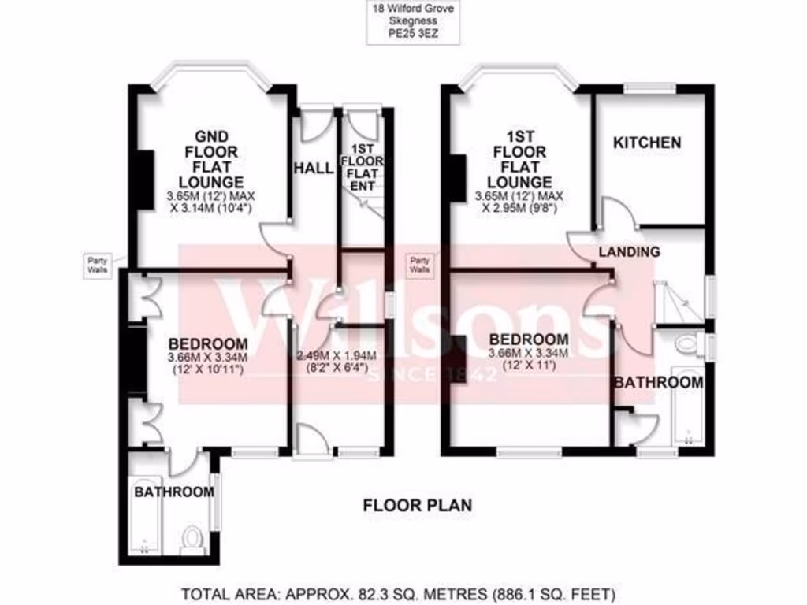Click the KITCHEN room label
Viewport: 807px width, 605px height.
coord(647,143)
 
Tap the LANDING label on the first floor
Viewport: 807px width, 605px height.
coord(628,252)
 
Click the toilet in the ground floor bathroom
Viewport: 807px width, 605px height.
coord(191,538)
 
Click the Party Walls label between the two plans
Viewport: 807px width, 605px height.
coord(419,264)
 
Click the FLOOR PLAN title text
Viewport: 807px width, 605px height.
coord(417,505)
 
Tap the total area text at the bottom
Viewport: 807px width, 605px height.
coord(398,592)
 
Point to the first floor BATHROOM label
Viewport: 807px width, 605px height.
coord(658,383)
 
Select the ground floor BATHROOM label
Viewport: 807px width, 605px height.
coord(173,492)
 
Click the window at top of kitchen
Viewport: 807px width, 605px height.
coord(650,88)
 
